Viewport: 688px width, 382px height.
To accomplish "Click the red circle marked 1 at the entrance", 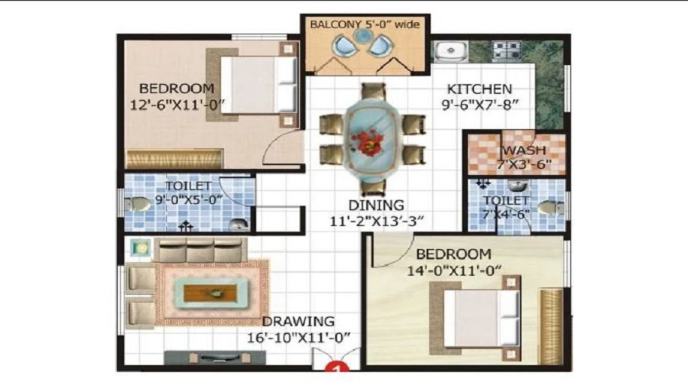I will click(x=333, y=369).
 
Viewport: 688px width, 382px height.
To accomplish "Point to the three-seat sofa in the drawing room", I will click(x=200, y=251).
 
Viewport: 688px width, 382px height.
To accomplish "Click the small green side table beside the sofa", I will click(x=139, y=248).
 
